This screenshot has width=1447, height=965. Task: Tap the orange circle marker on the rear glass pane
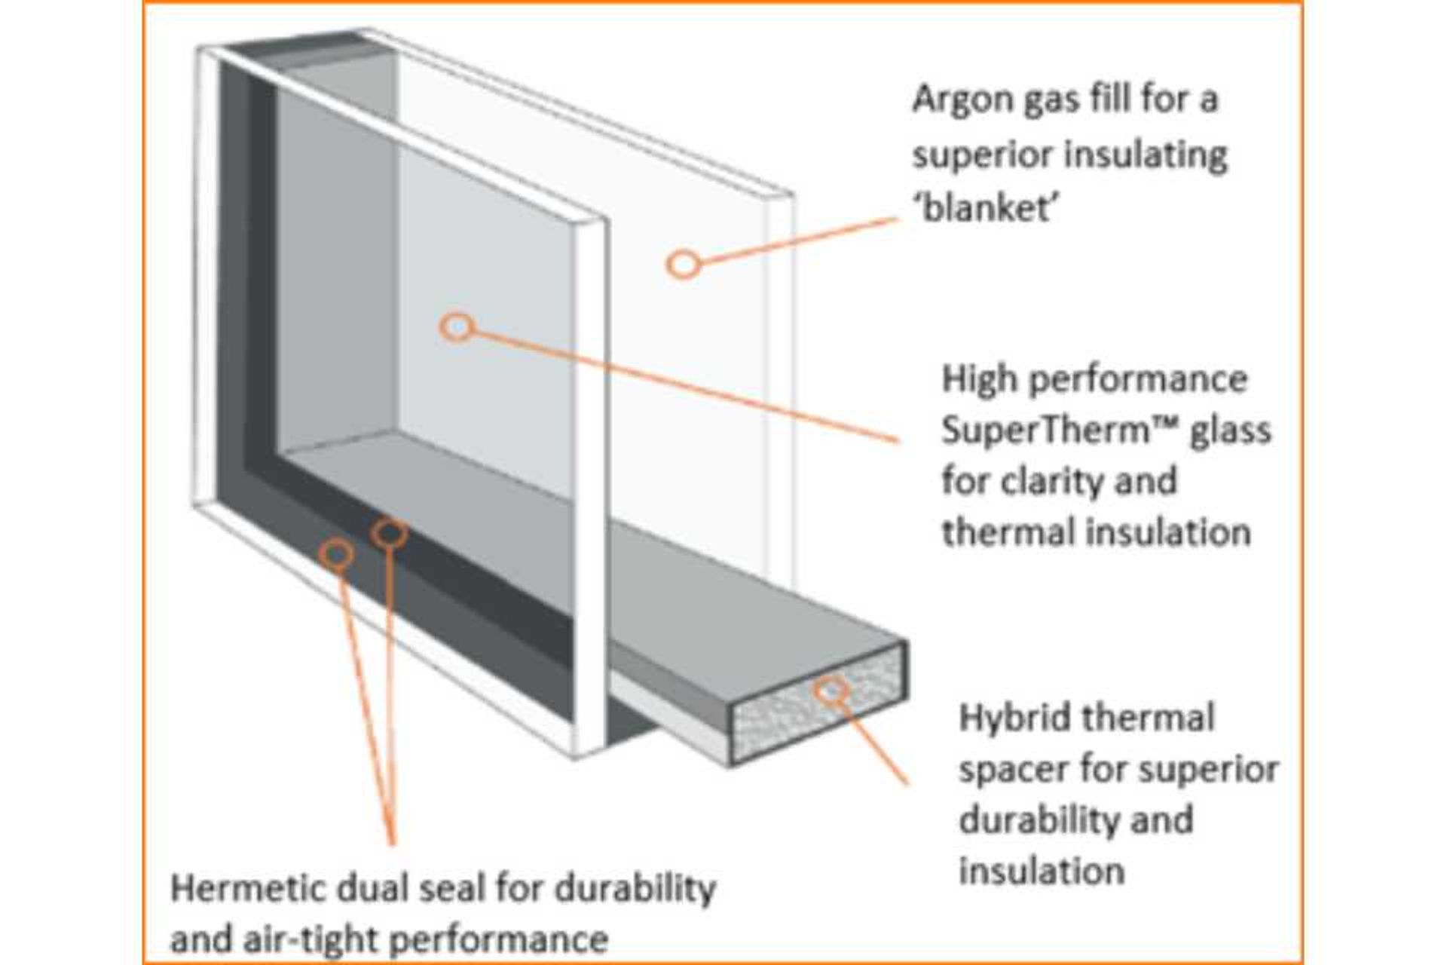click(684, 265)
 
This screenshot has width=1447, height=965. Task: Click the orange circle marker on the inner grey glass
click(457, 327)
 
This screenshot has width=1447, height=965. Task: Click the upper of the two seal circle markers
click(390, 534)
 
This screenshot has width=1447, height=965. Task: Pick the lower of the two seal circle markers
click(336, 554)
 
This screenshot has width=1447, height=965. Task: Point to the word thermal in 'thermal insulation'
click(990, 532)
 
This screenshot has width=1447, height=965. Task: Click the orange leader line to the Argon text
click(799, 240)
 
